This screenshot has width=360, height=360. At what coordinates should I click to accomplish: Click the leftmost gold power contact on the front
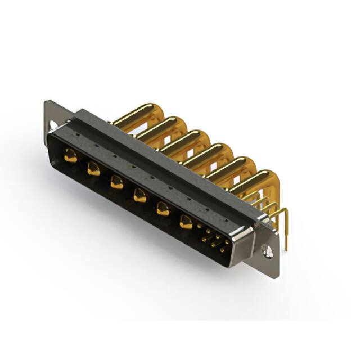tap(71, 156)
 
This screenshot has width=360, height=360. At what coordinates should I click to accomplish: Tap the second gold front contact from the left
tap(93, 169)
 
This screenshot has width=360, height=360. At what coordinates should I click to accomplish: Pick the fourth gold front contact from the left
tap(139, 196)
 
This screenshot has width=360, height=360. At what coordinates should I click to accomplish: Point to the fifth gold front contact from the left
tap(163, 209)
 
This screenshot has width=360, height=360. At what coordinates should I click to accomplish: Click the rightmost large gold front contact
tap(186, 223)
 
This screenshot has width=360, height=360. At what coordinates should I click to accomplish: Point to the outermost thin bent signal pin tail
tap(286, 231)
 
